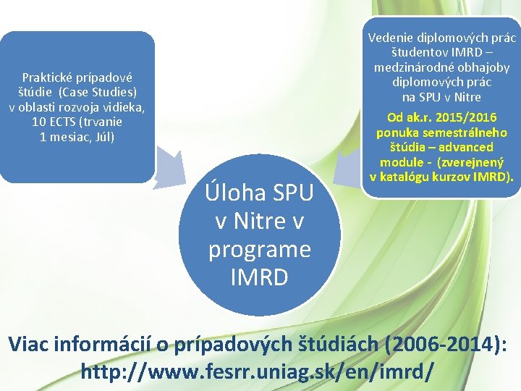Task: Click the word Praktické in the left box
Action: point(46,77)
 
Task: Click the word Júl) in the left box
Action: point(101,136)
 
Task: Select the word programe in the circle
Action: point(260,248)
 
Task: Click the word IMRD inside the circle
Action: point(260,277)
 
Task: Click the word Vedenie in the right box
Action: point(391,38)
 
